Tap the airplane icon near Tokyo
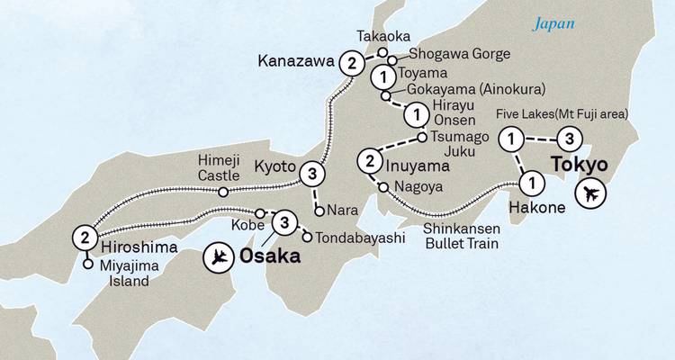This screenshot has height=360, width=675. pyautogui.click(x=592, y=193)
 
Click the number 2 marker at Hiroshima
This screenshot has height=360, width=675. pyautogui.click(x=84, y=238)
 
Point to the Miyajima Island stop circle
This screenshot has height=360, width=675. pyautogui.click(x=87, y=265)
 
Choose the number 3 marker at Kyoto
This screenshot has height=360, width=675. pyautogui.click(x=311, y=173)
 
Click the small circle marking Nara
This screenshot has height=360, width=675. pyautogui.click(x=319, y=212)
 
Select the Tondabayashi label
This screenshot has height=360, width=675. pyautogui.click(x=354, y=238)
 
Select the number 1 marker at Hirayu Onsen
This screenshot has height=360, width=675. pyautogui.click(x=416, y=114)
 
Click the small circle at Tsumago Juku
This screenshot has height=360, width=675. pyautogui.click(x=422, y=138)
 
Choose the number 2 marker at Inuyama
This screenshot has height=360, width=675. pyautogui.click(x=370, y=163)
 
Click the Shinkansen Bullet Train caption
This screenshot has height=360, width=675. pyautogui.click(x=462, y=236)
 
